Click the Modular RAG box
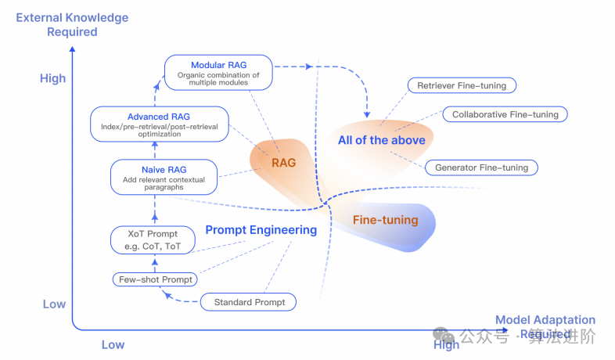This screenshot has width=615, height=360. [218, 71]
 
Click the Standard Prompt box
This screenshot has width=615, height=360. [249, 301]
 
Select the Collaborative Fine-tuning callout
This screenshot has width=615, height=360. [505, 114]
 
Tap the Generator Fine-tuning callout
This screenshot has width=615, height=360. [481, 167]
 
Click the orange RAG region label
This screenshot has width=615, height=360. [283, 163]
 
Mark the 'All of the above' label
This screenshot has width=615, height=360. [382, 140]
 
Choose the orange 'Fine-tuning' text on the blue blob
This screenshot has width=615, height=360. [385, 220]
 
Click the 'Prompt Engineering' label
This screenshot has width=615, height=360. [261, 230]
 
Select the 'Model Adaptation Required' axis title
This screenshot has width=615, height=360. [545, 326]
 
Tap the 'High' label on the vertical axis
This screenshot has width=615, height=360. [53, 78]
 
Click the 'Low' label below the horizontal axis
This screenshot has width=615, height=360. [113, 344]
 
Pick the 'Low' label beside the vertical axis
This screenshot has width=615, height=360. [54, 304]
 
